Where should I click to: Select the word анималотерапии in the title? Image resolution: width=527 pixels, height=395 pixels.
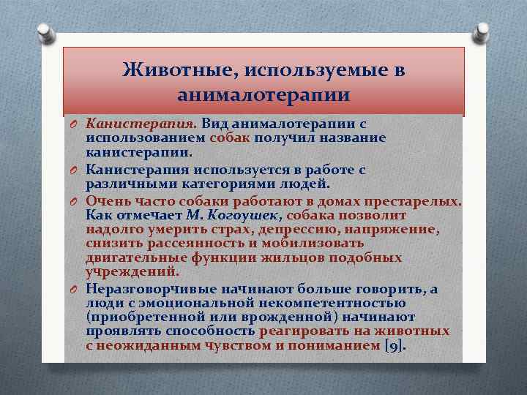click(263, 95)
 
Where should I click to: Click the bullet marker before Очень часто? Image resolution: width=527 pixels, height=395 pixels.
click(74, 201)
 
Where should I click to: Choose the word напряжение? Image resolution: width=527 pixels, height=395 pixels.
click(399, 230)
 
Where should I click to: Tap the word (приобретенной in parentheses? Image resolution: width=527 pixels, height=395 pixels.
click(136, 317)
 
